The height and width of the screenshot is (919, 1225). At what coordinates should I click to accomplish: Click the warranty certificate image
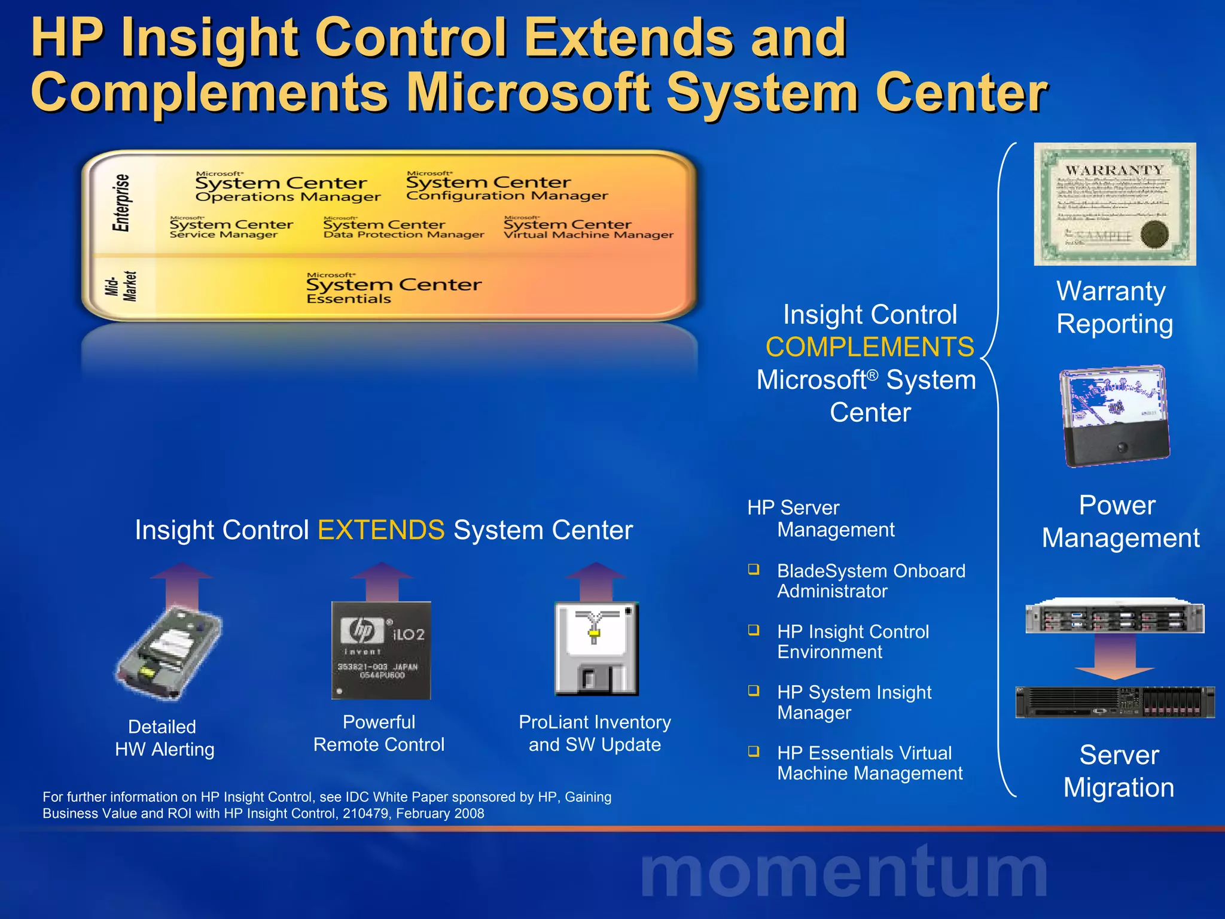pyautogui.click(x=1114, y=203)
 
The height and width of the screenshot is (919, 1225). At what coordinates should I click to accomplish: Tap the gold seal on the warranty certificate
pyautogui.click(x=1154, y=234)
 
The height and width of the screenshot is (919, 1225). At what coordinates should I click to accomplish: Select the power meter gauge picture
pyautogui.click(x=1114, y=416)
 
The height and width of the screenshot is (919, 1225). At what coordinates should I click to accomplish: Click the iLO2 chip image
pyautogui.click(x=381, y=650)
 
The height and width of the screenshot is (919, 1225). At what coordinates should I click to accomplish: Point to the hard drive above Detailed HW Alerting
pyautogui.click(x=169, y=652)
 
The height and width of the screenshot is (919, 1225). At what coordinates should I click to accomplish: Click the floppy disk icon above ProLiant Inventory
pyautogui.click(x=596, y=649)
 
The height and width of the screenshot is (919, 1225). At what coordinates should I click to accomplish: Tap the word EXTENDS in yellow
pyautogui.click(x=381, y=530)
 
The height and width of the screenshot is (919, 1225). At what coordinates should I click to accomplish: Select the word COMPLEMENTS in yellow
pyautogui.click(x=870, y=347)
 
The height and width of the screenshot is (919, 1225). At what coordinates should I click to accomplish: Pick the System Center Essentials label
pyautogui.click(x=393, y=290)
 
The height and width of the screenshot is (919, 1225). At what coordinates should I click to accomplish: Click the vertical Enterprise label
pyautogui.click(x=121, y=202)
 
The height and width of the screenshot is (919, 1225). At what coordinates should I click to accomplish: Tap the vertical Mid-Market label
pyautogui.click(x=121, y=287)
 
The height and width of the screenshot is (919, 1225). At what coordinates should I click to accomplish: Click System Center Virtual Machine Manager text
pyautogui.click(x=587, y=229)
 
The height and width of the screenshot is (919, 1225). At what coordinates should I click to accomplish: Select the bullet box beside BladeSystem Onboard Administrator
pyautogui.click(x=754, y=569)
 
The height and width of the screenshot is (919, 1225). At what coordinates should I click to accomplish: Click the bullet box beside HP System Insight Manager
pyautogui.click(x=754, y=690)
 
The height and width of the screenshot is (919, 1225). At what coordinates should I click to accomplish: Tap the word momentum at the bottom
pyautogui.click(x=843, y=872)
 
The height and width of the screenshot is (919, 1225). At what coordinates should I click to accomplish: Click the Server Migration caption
pyautogui.click(x=1119, y=771)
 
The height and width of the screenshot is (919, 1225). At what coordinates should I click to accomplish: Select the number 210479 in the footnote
pyautogui.click(x=365, y=814)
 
